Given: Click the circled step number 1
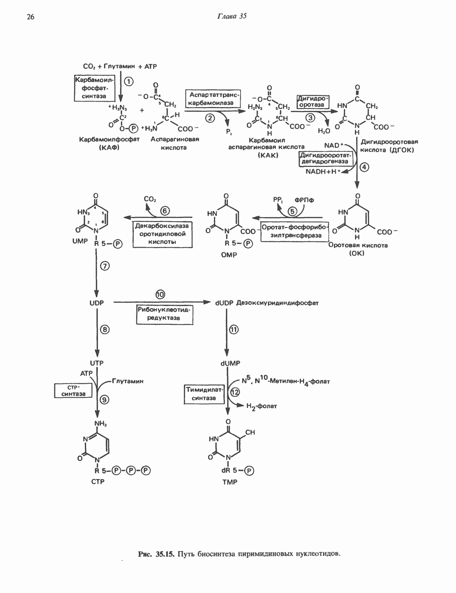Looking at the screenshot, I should tap(129, 81).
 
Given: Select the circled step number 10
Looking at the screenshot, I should tap(160, 294).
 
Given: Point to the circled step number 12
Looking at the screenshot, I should tap(235, 391).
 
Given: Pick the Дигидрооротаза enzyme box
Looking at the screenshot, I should tap(313, 101).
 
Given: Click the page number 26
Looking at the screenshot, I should tap(31, 17).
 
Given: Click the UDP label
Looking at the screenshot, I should tap(97, 302).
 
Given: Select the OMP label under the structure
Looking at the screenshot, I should tap(229, 255).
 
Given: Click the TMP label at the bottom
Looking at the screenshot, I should tap(230, 482).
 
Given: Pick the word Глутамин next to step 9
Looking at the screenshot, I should tap(127, 381).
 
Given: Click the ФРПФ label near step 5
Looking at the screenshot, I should tap(305, 200).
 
